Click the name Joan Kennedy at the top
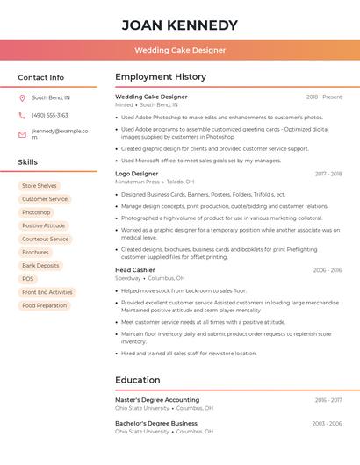[x=180, y=25]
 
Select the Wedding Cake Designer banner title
[x=180, y=50]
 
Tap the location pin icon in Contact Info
[x=22, y=97]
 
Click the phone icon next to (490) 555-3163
[x=22, y=115]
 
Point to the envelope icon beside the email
[x=22, y=134]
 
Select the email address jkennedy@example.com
[x=60, y=134]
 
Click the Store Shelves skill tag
[x=39, y=186]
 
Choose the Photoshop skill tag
[x=36, y=212]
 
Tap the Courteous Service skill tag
[x=46, y=239]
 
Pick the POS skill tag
[x=28, y=279]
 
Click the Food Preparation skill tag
[x=45, y=305]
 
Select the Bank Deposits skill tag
[x=40, y=265]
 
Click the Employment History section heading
[x=161, y=77]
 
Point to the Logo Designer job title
[x=137, y=174]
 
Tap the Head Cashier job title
[x=135, y=270]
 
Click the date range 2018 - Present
[x=324, y=97]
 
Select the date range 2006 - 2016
[x=327, y=270]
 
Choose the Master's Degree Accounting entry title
[x=157, y=400]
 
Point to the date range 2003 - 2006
[x=327, y=424]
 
